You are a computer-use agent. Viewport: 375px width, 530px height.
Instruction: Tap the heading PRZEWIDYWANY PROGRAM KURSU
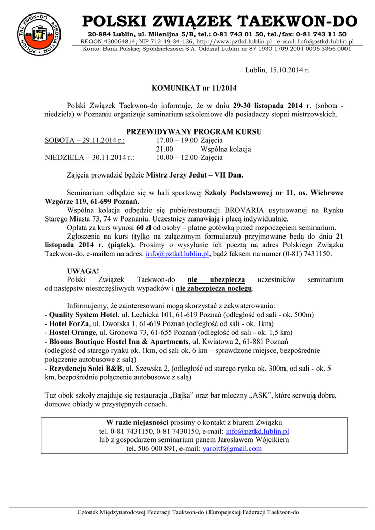point(194,131)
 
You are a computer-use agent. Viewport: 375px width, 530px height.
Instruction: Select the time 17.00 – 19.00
point(177,140)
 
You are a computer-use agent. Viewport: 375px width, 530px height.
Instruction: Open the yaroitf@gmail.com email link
point(232,449)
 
